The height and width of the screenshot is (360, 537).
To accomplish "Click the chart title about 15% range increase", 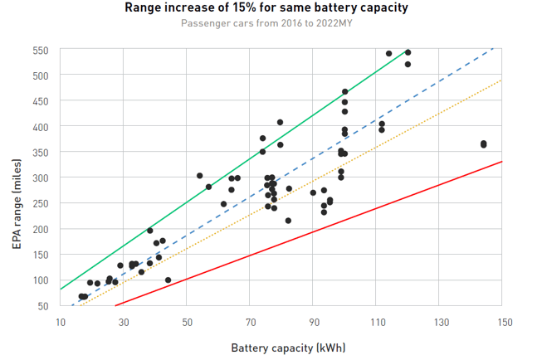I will click(266, 8).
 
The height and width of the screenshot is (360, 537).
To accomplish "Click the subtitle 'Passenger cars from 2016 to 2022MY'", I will click(266, 22).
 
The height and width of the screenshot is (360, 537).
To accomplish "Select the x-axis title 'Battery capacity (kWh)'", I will click(281, 348).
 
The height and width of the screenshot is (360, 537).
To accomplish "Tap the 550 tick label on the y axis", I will click(41, 50).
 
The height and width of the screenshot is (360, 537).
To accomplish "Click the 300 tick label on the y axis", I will click(41, 178).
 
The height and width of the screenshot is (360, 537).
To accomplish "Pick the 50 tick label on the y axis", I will click(43, 306).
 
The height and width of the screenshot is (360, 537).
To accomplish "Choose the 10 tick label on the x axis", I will click(60, 323).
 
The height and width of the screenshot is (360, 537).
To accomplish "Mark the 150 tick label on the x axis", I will click(501, 323).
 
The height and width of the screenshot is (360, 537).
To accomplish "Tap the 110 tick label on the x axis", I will click(376, 323).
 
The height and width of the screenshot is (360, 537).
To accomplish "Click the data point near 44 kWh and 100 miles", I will click(168, 280).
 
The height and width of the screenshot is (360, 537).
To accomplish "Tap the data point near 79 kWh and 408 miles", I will click(280, 122).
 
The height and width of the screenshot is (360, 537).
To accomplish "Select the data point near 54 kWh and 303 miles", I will click(199, 176).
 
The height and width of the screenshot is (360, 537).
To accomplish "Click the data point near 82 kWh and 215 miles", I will click(288, 221).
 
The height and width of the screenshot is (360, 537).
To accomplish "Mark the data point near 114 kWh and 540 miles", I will click(388, 53).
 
